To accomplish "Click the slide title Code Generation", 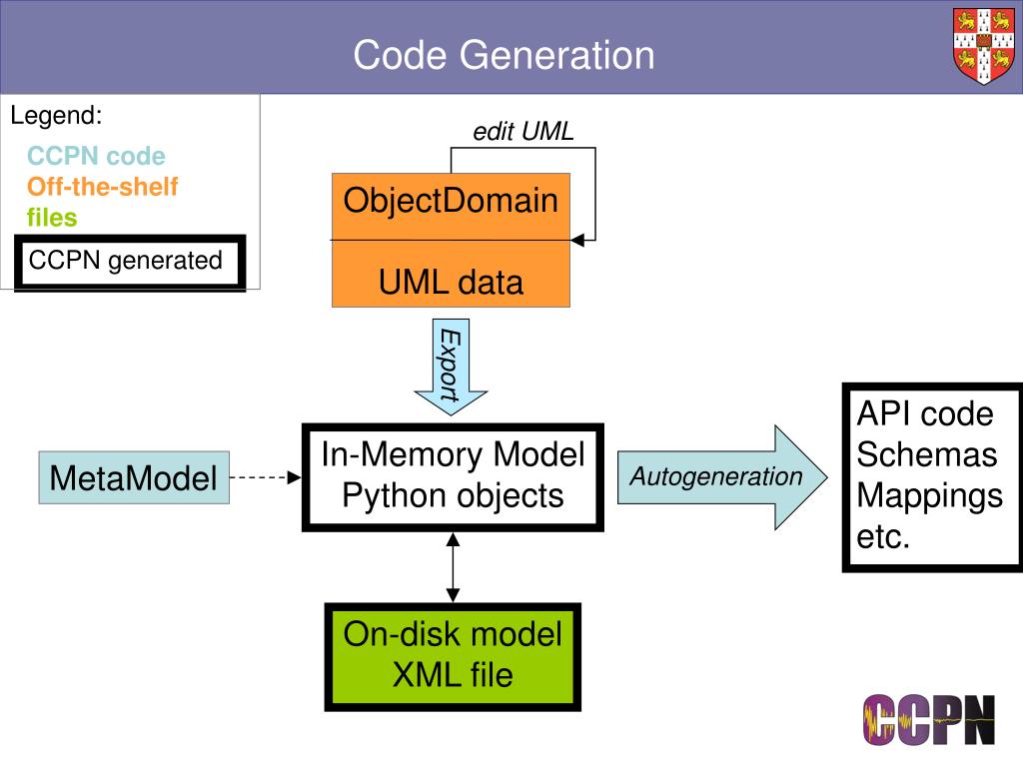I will tap(504, 54).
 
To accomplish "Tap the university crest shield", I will tap(981, 47).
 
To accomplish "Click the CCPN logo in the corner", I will tap(929, 719).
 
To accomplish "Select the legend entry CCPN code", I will tap(96, 157).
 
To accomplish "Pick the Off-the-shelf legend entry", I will tap(103, 186).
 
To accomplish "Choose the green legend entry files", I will tap(52, 216).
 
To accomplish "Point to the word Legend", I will tap(56, 116).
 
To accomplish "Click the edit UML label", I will tap(523, 132).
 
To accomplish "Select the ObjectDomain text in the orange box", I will tap(451, 201).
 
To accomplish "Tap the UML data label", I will tap(451, 283).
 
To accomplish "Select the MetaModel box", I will tap(134, 478).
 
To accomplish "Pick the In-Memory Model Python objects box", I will tap(453, 476).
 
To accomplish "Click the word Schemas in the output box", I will tap(927, 454).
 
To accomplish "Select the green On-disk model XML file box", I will tap(453, 655).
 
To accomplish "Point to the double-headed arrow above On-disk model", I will tap(453, 566).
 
